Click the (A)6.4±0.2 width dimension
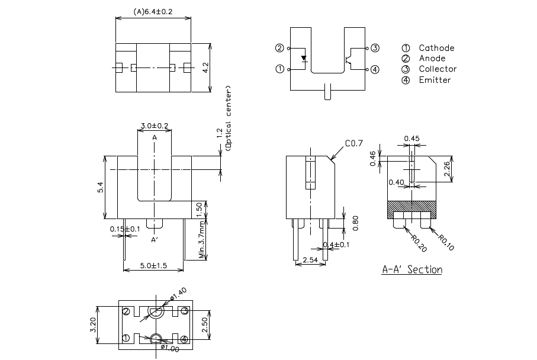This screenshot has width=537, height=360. click(153, 12)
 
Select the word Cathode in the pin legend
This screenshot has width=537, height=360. click(436, 48)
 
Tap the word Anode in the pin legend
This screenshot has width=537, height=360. click(432, 59)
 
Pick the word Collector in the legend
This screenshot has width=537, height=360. click(438, 69)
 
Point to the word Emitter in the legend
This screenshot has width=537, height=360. click(435, 80)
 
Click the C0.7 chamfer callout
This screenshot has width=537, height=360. click(353, 144)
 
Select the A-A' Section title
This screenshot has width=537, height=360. click(411, 270)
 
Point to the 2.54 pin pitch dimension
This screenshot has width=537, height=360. click(309, 260)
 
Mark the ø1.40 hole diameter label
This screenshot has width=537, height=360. click(178, 292)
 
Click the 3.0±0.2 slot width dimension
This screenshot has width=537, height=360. click(154, 126)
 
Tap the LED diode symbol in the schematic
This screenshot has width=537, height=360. click(304, 59)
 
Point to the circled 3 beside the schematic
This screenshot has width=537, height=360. click(375, 48)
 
